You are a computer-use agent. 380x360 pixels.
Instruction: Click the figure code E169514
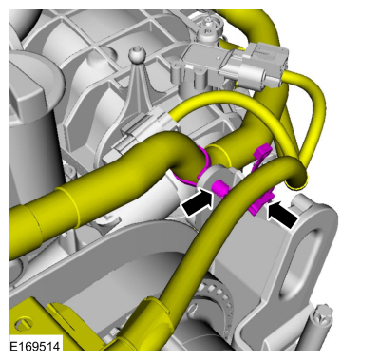click(35, 346)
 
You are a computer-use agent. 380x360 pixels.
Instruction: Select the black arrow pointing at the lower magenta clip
click(283, 216)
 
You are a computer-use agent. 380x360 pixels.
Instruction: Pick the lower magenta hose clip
click(261, 204)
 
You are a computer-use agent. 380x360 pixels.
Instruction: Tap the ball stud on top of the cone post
click(136, 54)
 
